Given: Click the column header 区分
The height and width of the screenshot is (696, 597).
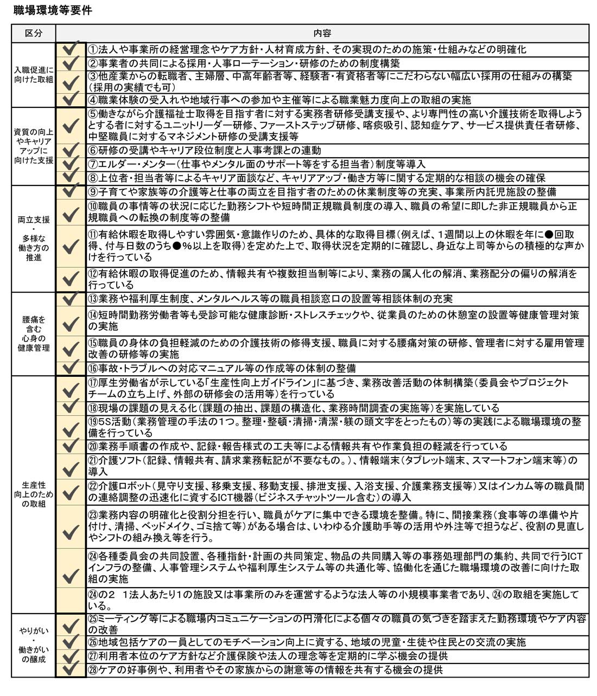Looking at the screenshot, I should [x=34, y=33].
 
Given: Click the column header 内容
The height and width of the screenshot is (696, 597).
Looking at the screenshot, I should [x=322, y=33].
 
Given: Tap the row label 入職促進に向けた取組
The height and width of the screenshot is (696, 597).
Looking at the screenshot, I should [x=34, y=74].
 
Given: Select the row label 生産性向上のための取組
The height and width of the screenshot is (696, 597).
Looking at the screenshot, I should [x=34, y=494].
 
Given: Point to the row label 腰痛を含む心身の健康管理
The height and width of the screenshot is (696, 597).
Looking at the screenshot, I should [x=34, y=333].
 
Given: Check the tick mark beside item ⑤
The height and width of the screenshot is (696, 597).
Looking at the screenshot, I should [x=71, y=126].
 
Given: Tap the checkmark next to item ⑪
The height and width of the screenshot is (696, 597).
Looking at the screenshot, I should [x=71, y=247].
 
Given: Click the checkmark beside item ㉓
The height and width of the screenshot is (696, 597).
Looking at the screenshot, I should [x=71, y=532].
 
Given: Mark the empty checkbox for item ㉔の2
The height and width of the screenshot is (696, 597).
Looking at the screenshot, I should [x=71, y=600].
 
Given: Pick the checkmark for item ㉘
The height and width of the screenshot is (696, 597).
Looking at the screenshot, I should [x=71, y=669].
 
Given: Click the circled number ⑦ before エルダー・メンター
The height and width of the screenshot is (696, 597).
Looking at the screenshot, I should [x=93, y=164].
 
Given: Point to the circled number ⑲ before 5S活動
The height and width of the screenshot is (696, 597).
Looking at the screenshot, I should [x=93, y=422].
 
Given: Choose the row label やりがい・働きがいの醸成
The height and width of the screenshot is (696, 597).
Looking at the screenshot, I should [x=34, y=645].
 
